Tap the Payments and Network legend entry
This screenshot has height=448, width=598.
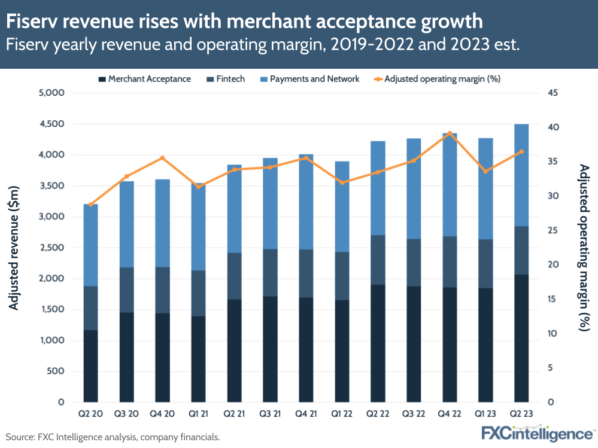coord(314,78)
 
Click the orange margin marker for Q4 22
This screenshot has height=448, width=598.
coord(450,133)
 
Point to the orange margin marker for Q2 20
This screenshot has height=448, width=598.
coord(90,205)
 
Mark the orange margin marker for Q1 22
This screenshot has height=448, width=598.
coord(342,182)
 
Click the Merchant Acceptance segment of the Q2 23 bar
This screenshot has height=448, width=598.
coord(521,338)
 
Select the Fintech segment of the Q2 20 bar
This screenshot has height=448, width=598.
coord(90,308)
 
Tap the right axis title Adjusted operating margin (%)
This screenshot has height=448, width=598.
coord(584,248)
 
